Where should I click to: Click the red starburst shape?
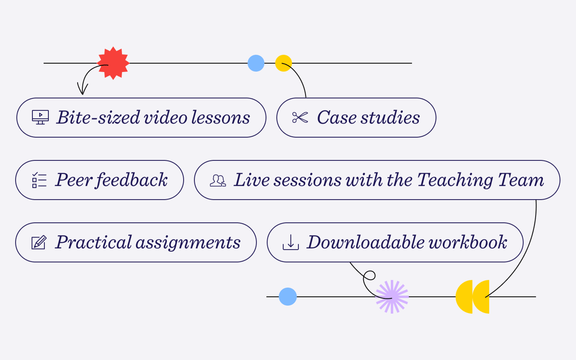coord(113,63)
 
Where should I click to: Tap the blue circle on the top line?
coord(256,63)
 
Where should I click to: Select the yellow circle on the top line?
coord(283,63)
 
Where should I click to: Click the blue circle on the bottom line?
coord(287,296)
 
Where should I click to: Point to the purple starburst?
coord(392,297)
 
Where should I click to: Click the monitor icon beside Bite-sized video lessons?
coord(41,118)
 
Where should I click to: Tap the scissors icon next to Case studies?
coord(300,118)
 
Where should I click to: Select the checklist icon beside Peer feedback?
coord(39,181)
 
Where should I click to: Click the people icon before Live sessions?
coord(218,181)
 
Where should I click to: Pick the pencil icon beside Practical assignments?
coord(39,242)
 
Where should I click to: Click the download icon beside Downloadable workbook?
coord(291,242)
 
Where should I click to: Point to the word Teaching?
coord(455,180)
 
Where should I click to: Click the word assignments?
coord(188,243)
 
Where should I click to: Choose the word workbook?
coord(467,242)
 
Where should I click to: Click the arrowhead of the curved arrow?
coord(82,89)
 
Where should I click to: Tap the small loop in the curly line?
coord(369,276)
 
